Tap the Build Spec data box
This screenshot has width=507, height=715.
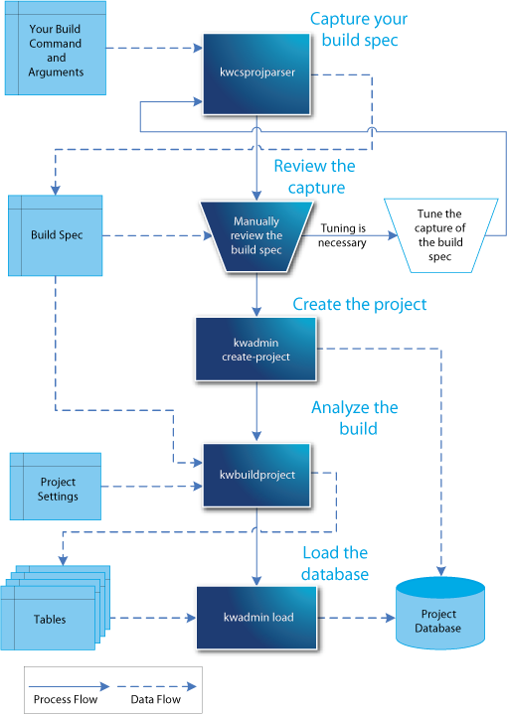tap(56, 235)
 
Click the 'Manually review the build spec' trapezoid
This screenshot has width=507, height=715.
tap(257, 236)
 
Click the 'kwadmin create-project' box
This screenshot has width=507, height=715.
tap(257, 350)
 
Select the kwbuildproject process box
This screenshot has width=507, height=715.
tap(257, 475)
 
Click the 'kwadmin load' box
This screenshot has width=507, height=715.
tap(257, 618)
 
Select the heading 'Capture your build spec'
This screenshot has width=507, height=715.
tap(358, 31)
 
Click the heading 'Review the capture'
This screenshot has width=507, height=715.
tap(314, 177)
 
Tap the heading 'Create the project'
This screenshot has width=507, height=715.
tap(359, 304)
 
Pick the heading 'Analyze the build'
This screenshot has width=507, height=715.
tap(354, 418)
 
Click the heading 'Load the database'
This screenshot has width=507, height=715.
tap(335, 563)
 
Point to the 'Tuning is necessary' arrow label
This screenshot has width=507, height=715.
tap(343, 235)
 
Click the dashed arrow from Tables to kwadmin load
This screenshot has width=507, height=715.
tap(149, 619)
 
